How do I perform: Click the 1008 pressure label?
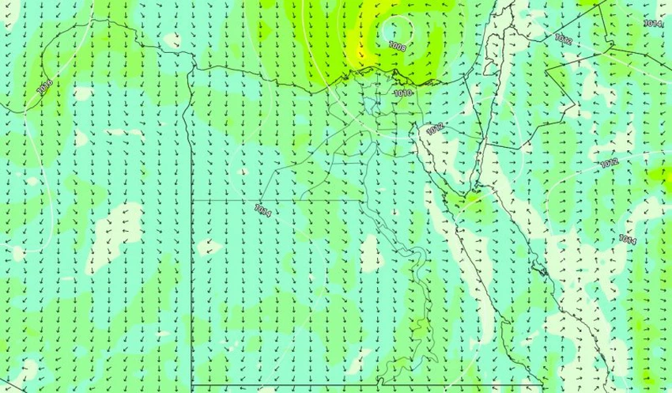[x=398, y=47]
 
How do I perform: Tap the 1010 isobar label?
[x=402, y=93]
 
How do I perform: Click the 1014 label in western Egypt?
[x=263, y=210]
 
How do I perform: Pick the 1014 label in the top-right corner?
[x=652, y=24]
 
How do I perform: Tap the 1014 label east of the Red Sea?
[x=628, y=239]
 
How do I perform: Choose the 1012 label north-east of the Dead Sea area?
[x=563, y=38]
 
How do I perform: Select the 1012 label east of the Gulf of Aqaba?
[x=608, y=164]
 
